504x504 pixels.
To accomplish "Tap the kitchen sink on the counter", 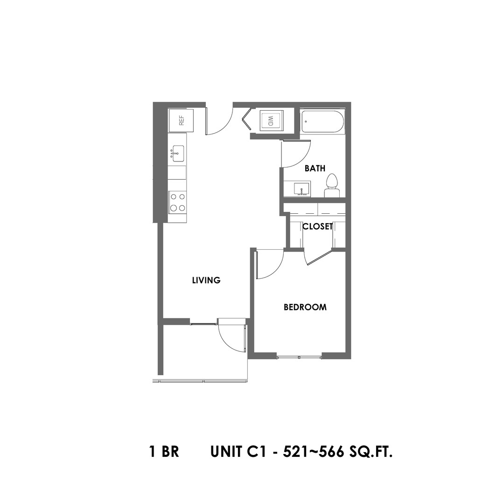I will pyautogui.click(x=177, y=153).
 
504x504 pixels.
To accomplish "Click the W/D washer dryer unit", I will pyautogui.click(x=270, y=121).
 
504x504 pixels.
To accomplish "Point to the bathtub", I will pyautogui.click(x=322, y=122).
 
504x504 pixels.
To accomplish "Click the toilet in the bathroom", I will pyautogui.click(x=332, y=186).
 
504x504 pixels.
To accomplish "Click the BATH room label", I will pyautogui.click(x=315, y=168).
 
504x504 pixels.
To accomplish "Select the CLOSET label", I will pyautogui.click(x=317, y=227).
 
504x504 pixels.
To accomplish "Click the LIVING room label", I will pyautogui.click(x=206, y=280).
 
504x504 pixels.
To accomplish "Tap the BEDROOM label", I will pyautogui.click(x=305, y=307).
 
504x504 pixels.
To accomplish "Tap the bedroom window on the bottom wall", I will pyautogui.click(x=299, y=357).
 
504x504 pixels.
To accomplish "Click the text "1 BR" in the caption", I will pyautogui.click(x=164, y=452).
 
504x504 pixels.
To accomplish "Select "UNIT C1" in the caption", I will pyautogui.click(x=238, y=452).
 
